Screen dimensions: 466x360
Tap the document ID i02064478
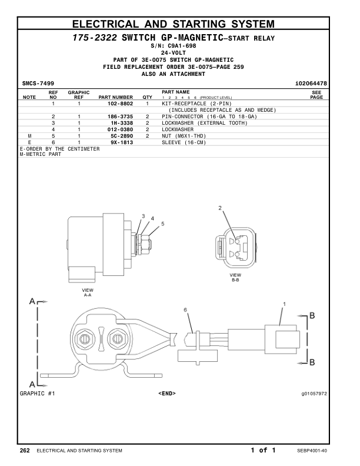pos(311,84)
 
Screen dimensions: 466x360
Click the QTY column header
pos(147,96)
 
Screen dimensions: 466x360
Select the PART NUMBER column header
pos(115,96)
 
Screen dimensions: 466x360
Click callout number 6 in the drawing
pos(185,309)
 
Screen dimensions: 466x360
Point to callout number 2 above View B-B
pos(220,208)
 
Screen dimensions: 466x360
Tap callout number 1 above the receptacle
pos(285,304)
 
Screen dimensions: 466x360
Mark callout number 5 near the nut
pos(163,224)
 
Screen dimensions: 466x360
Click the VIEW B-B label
pos(235,277)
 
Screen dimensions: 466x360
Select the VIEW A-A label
pos(88,292)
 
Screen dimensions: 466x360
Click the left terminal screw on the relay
pos(82,339)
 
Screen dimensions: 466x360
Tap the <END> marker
pos(167,392)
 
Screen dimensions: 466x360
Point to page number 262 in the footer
pos(25,450)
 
